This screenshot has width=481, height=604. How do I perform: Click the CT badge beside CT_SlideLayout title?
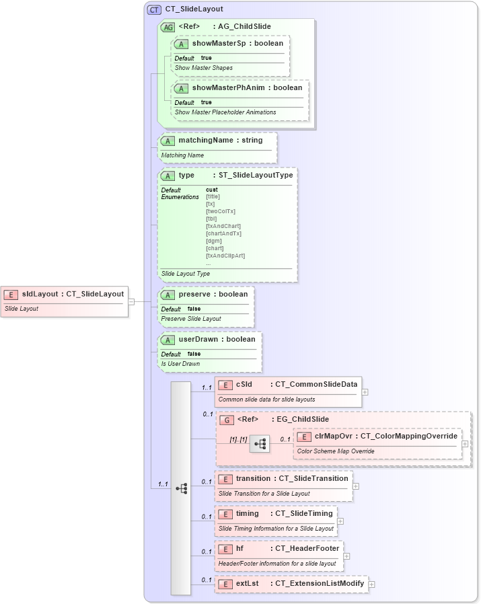pos(154,9)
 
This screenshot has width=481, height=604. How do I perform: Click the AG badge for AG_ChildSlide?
pos(168,27)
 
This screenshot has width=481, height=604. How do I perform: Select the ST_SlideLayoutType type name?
pos(256,175)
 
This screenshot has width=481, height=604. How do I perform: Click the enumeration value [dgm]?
pos(213,241)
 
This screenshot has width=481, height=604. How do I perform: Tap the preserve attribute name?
pos(194,294)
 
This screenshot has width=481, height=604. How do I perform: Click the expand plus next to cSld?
pos(365,391)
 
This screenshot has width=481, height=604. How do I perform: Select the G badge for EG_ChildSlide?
pos(228,419)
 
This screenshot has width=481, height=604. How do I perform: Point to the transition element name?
pos(253,478)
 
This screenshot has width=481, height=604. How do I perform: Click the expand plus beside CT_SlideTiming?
pos(340,521)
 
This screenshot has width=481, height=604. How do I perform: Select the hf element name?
pos(239,548)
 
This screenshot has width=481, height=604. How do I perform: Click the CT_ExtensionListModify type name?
pos(320,583)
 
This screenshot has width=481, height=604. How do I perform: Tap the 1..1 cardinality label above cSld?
pos(207,387)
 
